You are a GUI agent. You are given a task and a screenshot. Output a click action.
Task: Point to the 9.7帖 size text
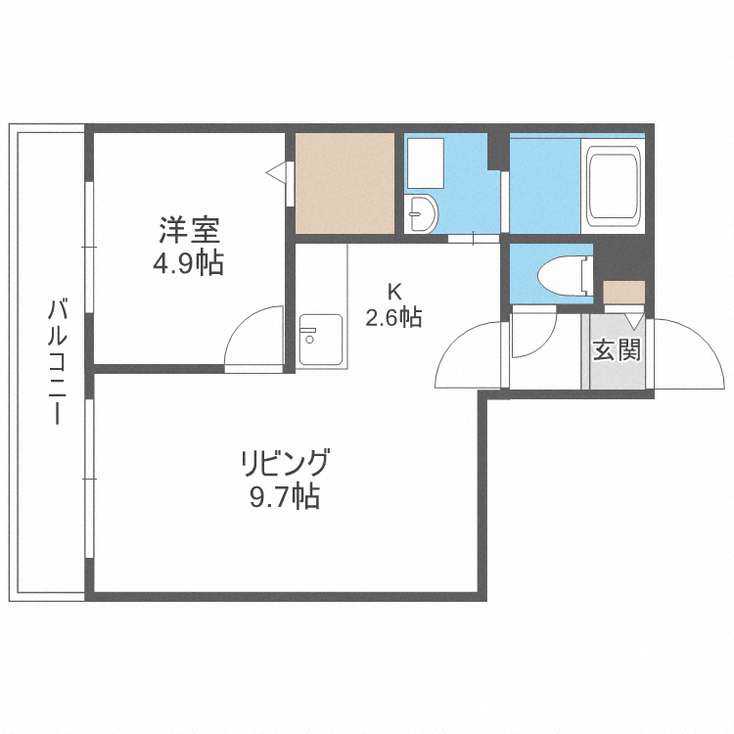[284, 497]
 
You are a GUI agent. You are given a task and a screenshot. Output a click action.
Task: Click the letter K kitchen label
[393, 291]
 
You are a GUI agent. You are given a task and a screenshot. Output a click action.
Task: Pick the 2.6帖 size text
[393, 317]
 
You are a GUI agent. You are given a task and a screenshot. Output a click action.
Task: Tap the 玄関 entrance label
[618, 349]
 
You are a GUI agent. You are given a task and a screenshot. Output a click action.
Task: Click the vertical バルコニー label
[56, 362]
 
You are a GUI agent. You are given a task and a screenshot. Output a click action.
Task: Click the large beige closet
[344, 183]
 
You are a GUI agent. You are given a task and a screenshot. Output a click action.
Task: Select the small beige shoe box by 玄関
[623, 292]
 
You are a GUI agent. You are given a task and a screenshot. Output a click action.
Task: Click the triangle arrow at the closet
[277, 173]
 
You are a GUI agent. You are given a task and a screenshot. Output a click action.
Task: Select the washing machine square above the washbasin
[424, 162]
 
